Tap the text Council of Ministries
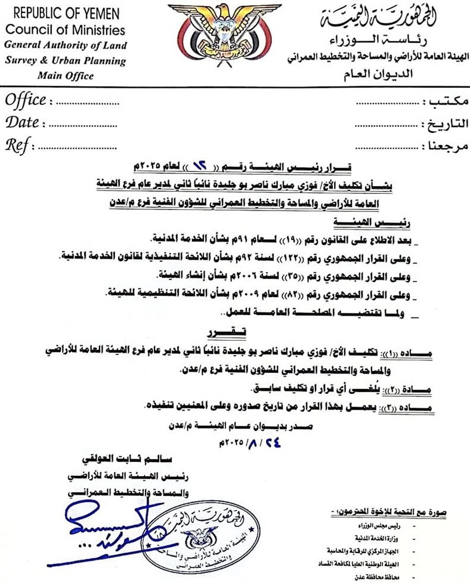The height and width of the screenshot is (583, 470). [x=65, y=30]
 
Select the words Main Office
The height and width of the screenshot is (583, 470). [x=65, y=76]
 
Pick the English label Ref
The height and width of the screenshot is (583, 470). [x=18, y=145]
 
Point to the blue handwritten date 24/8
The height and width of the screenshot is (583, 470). [x=243, y=443]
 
